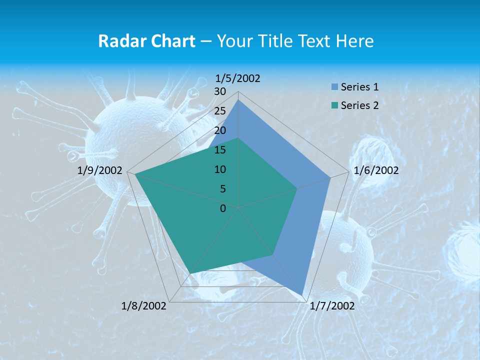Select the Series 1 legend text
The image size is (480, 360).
click(359, 87)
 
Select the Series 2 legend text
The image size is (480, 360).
click(359, 105)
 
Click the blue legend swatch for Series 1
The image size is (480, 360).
click(334, 87)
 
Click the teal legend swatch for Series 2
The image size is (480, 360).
click(334, 105)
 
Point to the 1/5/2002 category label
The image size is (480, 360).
click(238, 78)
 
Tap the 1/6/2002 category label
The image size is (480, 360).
click(376, 170)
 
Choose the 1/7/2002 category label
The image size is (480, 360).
click(332, 306)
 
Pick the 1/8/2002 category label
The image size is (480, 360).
click(144, 306)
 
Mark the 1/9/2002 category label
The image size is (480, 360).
click(100, 170)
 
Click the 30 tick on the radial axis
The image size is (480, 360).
click(220, 91)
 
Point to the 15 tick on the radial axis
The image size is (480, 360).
click(220, 150)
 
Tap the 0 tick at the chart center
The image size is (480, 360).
click(223, 208)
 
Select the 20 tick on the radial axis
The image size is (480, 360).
click(220, 130)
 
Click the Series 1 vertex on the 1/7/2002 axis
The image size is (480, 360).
click(302, 295)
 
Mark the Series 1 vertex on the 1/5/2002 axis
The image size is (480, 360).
click(238, 100)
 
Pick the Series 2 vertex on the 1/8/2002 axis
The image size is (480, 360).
click(190, 273)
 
